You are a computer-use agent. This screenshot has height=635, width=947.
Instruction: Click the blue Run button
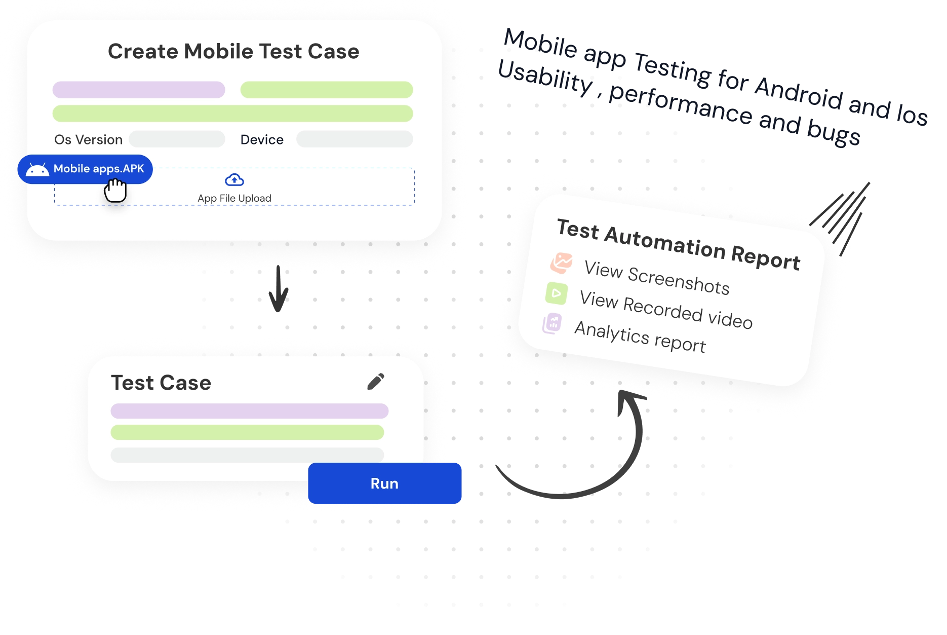click(385, 483)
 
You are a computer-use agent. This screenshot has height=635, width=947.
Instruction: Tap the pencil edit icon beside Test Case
click(376, 382)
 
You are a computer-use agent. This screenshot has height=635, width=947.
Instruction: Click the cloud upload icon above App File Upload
click(234, 180)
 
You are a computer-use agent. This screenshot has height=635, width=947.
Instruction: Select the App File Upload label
click(234, 198)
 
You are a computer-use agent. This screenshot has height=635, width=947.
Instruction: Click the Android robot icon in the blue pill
click(37, 169)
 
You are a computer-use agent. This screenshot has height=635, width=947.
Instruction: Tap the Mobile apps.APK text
click(99, 169)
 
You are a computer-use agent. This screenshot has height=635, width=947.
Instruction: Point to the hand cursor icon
click(115, 191)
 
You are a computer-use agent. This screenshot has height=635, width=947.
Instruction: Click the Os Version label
click(89, 140)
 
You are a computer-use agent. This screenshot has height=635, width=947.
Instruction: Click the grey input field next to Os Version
click(177, 139)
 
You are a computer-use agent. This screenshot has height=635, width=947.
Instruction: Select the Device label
click(262, 140)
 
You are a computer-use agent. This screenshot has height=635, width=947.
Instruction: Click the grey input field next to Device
click(354, 139)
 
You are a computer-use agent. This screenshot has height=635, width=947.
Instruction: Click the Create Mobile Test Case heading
click(233, 52)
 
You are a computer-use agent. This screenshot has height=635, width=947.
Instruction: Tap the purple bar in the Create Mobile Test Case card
click(139, 90)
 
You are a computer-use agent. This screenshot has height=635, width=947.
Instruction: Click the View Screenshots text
click(657, 277)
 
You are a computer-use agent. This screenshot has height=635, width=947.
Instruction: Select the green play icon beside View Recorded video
click(557, 293)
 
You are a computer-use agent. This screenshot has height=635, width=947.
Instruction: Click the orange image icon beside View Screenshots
click(561, 263)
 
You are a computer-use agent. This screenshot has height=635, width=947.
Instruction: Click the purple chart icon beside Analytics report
click(552, 323)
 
